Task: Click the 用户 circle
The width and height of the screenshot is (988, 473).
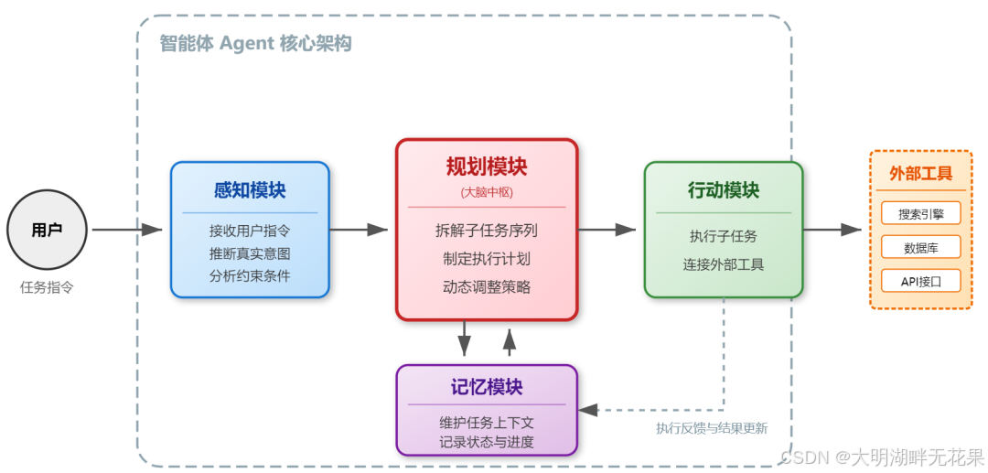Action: point(47,231)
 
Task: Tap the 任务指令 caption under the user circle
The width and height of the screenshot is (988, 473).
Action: point(47,287)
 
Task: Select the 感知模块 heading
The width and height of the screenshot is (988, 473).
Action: point(250,190)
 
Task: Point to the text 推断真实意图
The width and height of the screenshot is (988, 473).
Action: point(250,253)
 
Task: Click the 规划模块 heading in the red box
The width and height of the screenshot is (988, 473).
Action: point(487,167)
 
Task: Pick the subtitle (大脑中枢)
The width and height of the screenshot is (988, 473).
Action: point(487,192)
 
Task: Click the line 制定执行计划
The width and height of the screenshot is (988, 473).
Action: point(487,259)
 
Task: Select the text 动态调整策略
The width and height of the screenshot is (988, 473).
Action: point(487,286)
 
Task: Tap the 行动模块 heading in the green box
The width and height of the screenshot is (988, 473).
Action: point(724,190)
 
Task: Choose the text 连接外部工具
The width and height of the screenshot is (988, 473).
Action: point(724,264)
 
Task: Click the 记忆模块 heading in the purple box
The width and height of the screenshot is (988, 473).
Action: point(487,387)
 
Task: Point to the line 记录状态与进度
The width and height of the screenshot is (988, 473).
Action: point(487,442)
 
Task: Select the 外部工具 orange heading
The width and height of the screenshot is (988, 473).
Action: point(921,174)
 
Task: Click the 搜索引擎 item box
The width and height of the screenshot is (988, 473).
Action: point(921,213)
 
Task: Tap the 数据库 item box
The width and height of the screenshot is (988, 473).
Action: point(921,247)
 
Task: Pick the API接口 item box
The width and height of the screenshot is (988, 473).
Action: point(921,281)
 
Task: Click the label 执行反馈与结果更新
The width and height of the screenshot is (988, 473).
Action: point(712,428)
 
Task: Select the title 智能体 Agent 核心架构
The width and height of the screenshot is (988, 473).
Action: point(255,44)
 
